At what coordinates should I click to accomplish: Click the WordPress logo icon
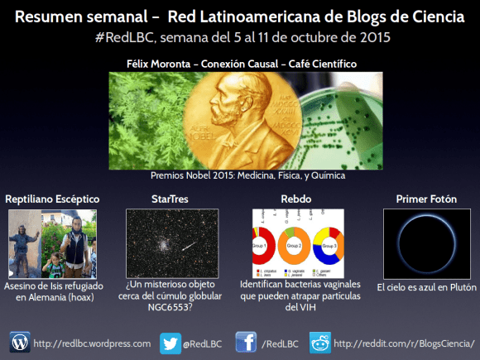[20, 341]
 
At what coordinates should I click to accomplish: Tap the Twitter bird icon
[170, 341]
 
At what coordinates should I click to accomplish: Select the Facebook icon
[246, 341]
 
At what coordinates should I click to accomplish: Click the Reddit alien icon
[319, 341]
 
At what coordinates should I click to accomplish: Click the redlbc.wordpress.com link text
[92, 342]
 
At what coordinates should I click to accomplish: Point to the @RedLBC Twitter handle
[204, 342]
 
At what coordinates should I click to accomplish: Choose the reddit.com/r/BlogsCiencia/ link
[405, 342]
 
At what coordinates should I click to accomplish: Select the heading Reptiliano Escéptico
[52, 199]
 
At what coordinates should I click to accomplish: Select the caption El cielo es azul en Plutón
[425, 287]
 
